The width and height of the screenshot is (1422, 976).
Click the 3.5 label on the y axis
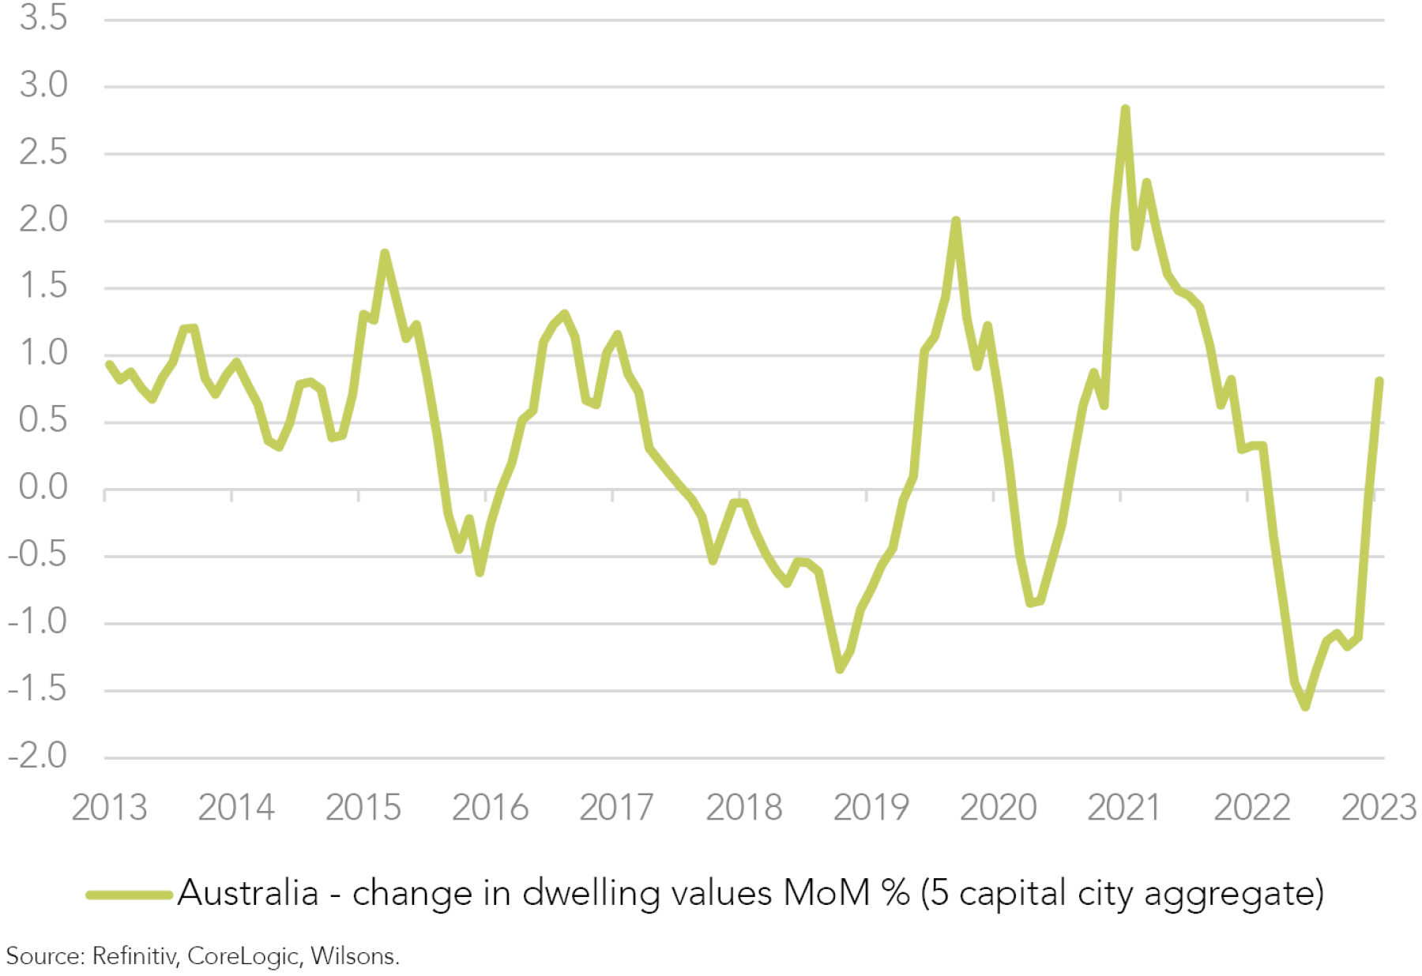pyautogui.click(x=43, y=18)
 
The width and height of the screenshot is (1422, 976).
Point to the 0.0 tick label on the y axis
pyautogui.click(x=43, y=488)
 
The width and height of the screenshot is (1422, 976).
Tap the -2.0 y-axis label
pyautogui.click(x=38, y=756)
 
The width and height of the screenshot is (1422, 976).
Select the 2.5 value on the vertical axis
pyautogui.click(x=43, y=152)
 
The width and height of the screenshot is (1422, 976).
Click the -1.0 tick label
pyautogui.click(x=38, y=622)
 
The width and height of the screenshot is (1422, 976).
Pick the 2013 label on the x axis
pyautogui.click(x=109, y=807)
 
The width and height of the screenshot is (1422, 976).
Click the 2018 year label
pyautogui.click(x=743, y=807)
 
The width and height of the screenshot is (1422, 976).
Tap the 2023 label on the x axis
pyautogui.click(x=1379, y=807)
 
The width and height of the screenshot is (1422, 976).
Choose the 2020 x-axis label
pyautogui.click(x=998, y=807)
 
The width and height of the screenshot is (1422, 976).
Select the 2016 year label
pyautogui.click(x=490, y=807)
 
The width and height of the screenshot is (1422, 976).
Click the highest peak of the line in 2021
pyautogui.click(x=1125, y=109)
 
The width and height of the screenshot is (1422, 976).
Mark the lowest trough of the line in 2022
pyautogui.click(x=1305, y=707)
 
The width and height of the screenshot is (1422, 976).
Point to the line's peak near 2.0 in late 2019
pyautogui.click(x=956, y=220)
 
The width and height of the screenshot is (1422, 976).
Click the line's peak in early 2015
pyautogui.click(x=385, y=253)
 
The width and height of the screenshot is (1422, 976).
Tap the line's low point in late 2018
pyautogui.click(x=840, y=670)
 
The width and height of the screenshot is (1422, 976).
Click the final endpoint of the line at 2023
pyautogui.click(x=1379, y=381)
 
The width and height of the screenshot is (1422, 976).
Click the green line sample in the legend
pyautogui.click(x=130, y=895)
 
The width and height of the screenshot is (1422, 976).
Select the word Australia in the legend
pyautogui.click(x=248, y=893)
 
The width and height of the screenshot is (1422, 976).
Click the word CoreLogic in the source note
pyautogui.click(x=243, y=956)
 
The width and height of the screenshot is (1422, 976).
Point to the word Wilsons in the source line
pyautogui.click(x=355, y=956)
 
